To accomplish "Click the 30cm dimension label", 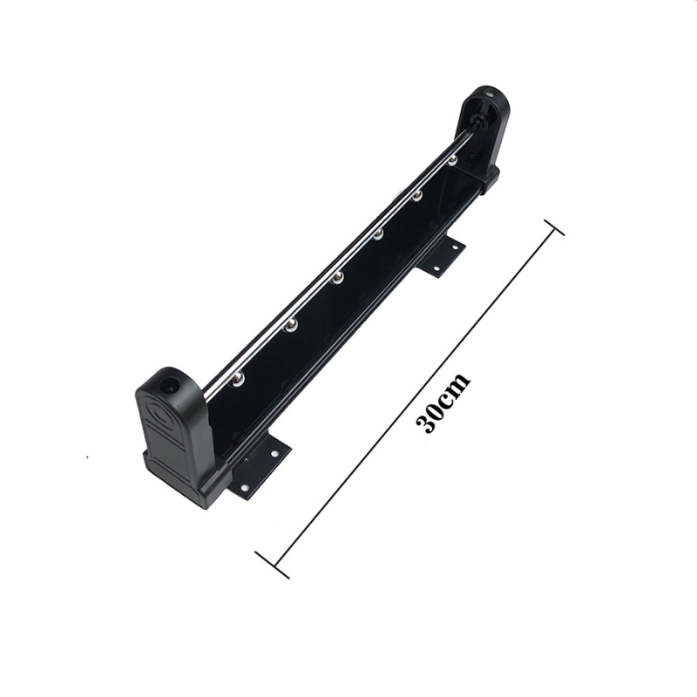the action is pos(442,403).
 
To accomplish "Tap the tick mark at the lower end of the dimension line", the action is pos(272,565).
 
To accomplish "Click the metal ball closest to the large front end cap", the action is pos(239,378).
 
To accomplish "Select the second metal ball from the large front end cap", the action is pos(291,326).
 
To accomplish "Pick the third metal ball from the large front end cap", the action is pos(337,278).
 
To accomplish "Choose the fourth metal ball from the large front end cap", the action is pos(378,234).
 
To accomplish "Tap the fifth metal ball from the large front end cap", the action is pos(417,195).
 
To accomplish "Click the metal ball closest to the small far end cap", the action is pos(452,160).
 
